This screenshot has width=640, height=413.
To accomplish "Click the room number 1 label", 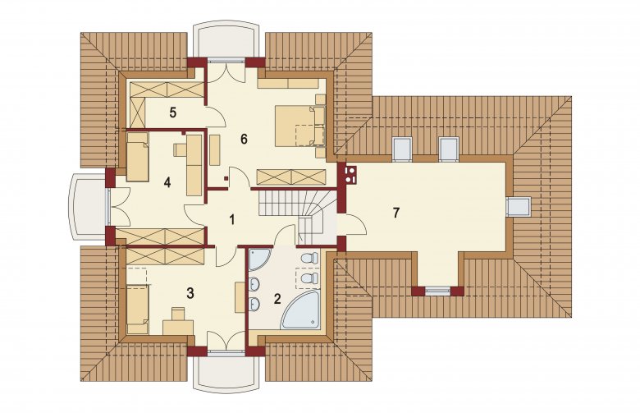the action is (232, 220).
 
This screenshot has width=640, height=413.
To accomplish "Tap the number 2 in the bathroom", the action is (277, 299).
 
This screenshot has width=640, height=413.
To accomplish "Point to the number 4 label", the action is (167, 182).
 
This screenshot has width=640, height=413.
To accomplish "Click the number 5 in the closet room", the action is (173, 112).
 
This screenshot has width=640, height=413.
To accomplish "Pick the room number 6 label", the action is (244, 140).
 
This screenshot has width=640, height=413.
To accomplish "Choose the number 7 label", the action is (395, 213).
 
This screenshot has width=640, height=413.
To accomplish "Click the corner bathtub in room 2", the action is (301, 310).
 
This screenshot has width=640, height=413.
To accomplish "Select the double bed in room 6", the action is (300, 126).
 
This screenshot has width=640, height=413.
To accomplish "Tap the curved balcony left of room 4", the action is (88, 206).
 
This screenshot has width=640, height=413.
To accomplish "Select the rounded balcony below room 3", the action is (226, 373).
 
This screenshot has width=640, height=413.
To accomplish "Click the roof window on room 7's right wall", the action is (519, 205).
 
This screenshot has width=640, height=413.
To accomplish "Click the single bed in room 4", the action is (137, 157).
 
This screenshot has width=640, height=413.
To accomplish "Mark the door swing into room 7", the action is (355, 223).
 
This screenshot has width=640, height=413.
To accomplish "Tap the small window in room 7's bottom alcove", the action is (437, 291).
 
